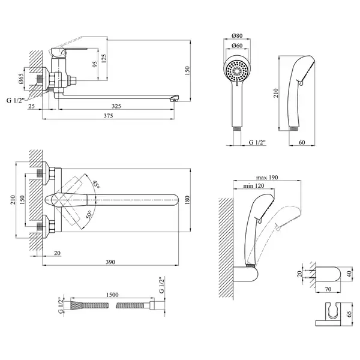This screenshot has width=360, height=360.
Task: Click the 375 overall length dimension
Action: [x=108, y=116]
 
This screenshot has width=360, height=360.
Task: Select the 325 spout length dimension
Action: [x=116, y=106]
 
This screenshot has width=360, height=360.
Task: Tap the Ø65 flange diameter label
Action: [x=20, y=79]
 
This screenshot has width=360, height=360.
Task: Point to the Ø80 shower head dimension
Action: [x=237, y=35]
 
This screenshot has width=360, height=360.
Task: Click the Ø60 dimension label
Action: [x=237, y=46]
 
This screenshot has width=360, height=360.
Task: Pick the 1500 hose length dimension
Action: [x=112, y=295]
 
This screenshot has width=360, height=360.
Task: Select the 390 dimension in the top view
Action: [x=110, y=262]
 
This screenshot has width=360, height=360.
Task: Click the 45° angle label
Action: [x=96, y=184]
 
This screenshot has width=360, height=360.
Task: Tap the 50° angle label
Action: [x=89, y=215]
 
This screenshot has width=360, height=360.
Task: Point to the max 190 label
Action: [x=267, y=178]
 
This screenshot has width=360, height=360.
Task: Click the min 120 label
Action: [x=254, y=185]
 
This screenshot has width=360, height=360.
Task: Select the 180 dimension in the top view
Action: [x=187, y=200]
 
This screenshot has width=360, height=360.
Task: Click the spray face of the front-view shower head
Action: [x=237, y=70]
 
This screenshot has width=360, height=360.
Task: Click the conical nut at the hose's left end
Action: [x=76, y=305]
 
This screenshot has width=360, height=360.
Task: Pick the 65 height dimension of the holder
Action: [x=349, y=314]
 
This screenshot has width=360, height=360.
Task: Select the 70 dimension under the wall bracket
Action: [x=328, y=289]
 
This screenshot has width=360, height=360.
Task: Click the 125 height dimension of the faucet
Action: [x=104, y=59]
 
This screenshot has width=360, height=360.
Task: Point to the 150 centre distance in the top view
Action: [x=22, y=200]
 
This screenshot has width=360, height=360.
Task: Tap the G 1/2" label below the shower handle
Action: [x=257, y=142]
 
